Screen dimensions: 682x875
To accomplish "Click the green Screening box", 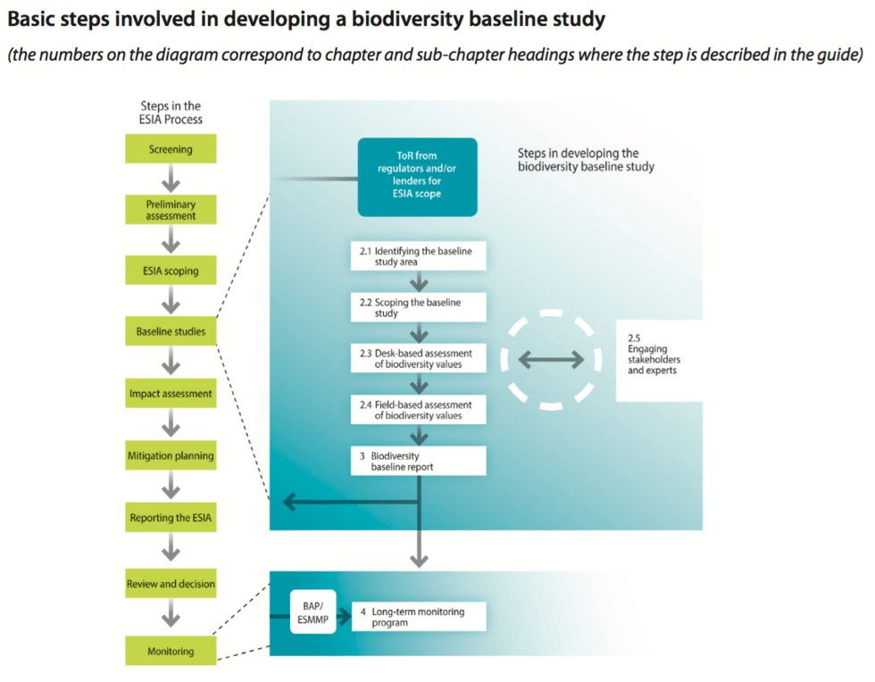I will pos(171,149).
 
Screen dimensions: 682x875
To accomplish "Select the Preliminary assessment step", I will pos(171,210).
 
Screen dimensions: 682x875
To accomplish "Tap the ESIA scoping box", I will pos(171,270).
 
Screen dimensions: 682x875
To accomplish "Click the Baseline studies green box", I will pos(171,332).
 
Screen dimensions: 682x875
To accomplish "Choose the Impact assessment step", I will pos(171,394).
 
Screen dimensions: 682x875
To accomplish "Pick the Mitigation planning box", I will pos(171,455).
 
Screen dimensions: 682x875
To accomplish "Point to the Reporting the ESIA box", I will pos(171,518).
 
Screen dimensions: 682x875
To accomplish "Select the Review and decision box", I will pos(171,584).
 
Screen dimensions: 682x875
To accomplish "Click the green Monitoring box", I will pos(171,651).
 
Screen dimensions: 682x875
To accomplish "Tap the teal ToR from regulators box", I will pos(417,177).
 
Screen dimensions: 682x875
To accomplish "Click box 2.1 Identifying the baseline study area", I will pos(418,256).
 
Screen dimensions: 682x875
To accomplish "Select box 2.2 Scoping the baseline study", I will pos(418,308).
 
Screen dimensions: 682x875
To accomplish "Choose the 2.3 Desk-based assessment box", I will pos(418,359).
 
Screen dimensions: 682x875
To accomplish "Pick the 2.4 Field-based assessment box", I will pos(418,410).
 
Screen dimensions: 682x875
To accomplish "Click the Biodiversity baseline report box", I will pos(418,461).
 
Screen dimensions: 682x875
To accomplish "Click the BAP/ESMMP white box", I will pos(313,611).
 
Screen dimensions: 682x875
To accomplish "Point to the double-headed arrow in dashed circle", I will pos(551,360).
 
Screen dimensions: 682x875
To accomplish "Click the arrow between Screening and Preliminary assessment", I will pos(171,179).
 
